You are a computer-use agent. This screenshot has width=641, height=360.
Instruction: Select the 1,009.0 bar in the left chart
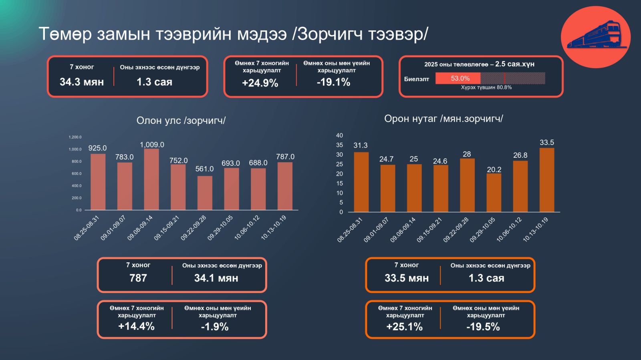click(151, 179)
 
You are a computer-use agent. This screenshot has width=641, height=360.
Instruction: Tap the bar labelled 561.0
click(205, 193)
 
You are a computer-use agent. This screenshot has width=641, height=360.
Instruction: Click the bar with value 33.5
click(547, 180)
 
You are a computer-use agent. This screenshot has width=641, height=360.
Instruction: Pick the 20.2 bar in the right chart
click(494, 193)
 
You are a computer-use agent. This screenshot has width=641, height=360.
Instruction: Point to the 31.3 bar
click(361, 182)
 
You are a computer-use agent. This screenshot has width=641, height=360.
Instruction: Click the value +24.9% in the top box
click(260, 83)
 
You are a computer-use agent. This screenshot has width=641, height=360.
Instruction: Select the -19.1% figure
click(333, 82)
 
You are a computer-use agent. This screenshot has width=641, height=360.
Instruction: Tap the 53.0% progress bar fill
click(458, 78)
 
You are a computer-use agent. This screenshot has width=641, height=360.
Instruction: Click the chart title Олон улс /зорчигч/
click(181, 121)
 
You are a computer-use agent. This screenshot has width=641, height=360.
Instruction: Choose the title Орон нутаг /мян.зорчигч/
click(443, 119)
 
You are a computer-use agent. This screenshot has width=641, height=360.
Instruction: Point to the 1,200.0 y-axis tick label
click(75, 137)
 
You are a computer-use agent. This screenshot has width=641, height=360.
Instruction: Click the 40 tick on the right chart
click(339, 135)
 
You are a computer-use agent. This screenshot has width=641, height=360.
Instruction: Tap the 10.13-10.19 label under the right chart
click(535, 229)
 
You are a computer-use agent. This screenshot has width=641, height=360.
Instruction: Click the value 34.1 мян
click(216, 278)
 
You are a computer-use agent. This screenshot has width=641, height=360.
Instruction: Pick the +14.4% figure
click(136, 326)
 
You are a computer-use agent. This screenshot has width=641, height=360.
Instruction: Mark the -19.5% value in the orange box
click(483, 327)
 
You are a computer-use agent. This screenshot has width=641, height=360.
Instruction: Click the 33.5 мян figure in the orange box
click(407, 278)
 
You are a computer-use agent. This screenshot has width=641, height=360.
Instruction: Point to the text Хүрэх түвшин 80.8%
click(486, 87)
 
